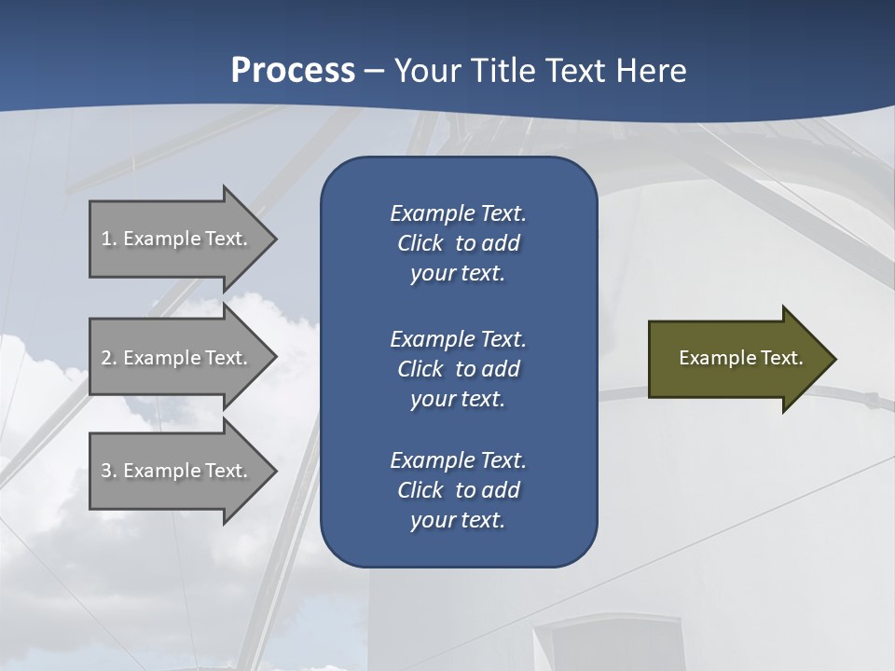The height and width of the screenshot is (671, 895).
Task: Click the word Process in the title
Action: point(293,71)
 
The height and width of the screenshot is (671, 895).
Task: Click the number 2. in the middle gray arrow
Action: point(108,358)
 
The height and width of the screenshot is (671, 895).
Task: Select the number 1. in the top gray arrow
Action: point(108,239)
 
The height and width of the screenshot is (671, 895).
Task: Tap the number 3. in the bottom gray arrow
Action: point(108,471)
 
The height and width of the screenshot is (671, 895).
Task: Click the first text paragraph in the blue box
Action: point(458,243)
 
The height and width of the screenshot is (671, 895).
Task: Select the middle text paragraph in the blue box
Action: point(458,369)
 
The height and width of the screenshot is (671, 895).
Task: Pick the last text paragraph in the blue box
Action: point(458,490)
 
